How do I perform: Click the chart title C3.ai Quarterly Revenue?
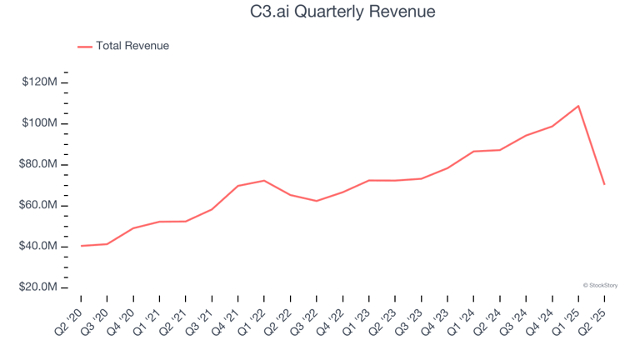pos(320,12)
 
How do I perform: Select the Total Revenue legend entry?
pos(132,46)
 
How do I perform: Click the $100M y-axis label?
pos(38,123)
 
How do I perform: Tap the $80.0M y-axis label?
pos(37,164)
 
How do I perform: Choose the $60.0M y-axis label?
pos(37,205)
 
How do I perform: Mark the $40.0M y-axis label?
pos(37,247)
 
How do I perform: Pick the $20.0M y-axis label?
pos(37,287)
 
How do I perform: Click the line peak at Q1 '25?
pos(577,106)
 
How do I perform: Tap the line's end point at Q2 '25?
pos(604,184)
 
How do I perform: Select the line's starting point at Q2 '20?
pos(81,246)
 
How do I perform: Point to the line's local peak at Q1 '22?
pos(264,181)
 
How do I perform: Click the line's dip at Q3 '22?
pos(317,201)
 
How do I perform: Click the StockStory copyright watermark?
pos(600,285)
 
